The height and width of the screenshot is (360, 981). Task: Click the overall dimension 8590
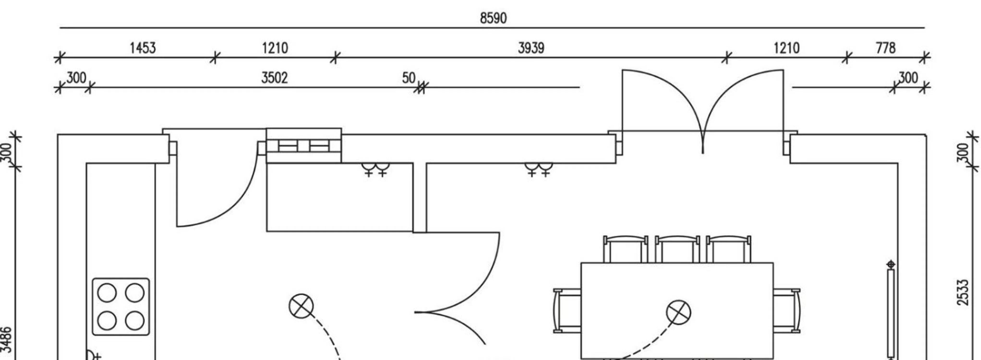(493, 18)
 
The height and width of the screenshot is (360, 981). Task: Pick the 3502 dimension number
(274, 78)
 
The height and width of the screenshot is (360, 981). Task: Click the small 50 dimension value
(409, 78)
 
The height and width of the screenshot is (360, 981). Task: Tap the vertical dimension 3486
(6, 340)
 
